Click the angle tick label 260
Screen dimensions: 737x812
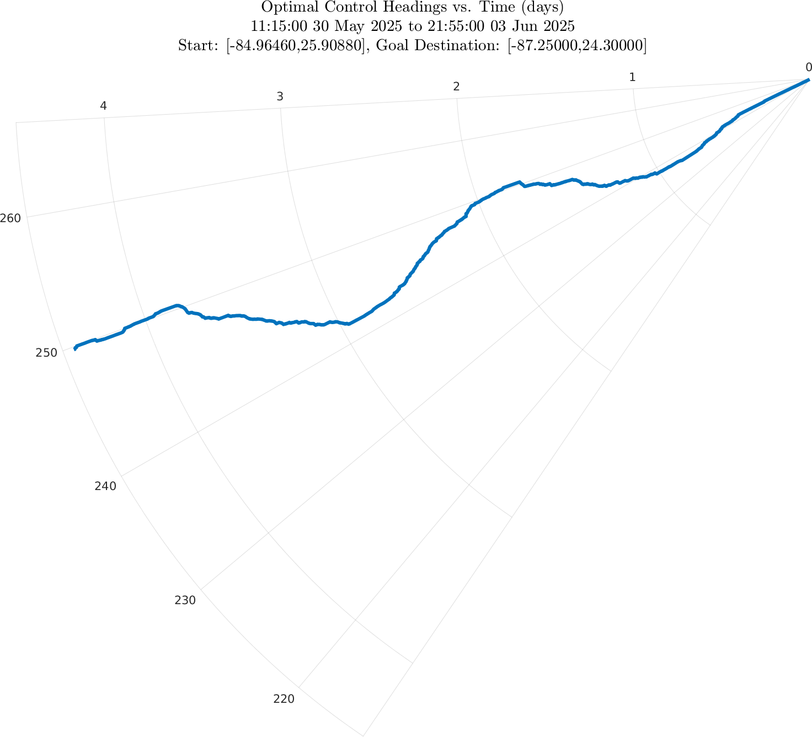(x=10, y=218)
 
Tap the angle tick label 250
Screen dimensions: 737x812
(x=46, y=353)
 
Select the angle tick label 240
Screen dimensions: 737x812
(x=105, y=486)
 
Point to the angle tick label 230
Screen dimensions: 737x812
(x=185, y=600)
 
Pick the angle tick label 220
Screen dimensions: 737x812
(x=284, y=699)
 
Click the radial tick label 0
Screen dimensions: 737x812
(x=808, y=67)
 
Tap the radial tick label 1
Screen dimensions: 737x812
(x=633, y=77)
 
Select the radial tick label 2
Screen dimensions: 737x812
(x=456, y=87)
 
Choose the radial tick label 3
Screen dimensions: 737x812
(x=280, y=96)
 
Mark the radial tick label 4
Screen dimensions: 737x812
(x=103, y=106)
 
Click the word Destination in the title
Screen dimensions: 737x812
(x=454, y=46)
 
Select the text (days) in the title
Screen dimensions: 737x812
(x=543, y=8)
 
